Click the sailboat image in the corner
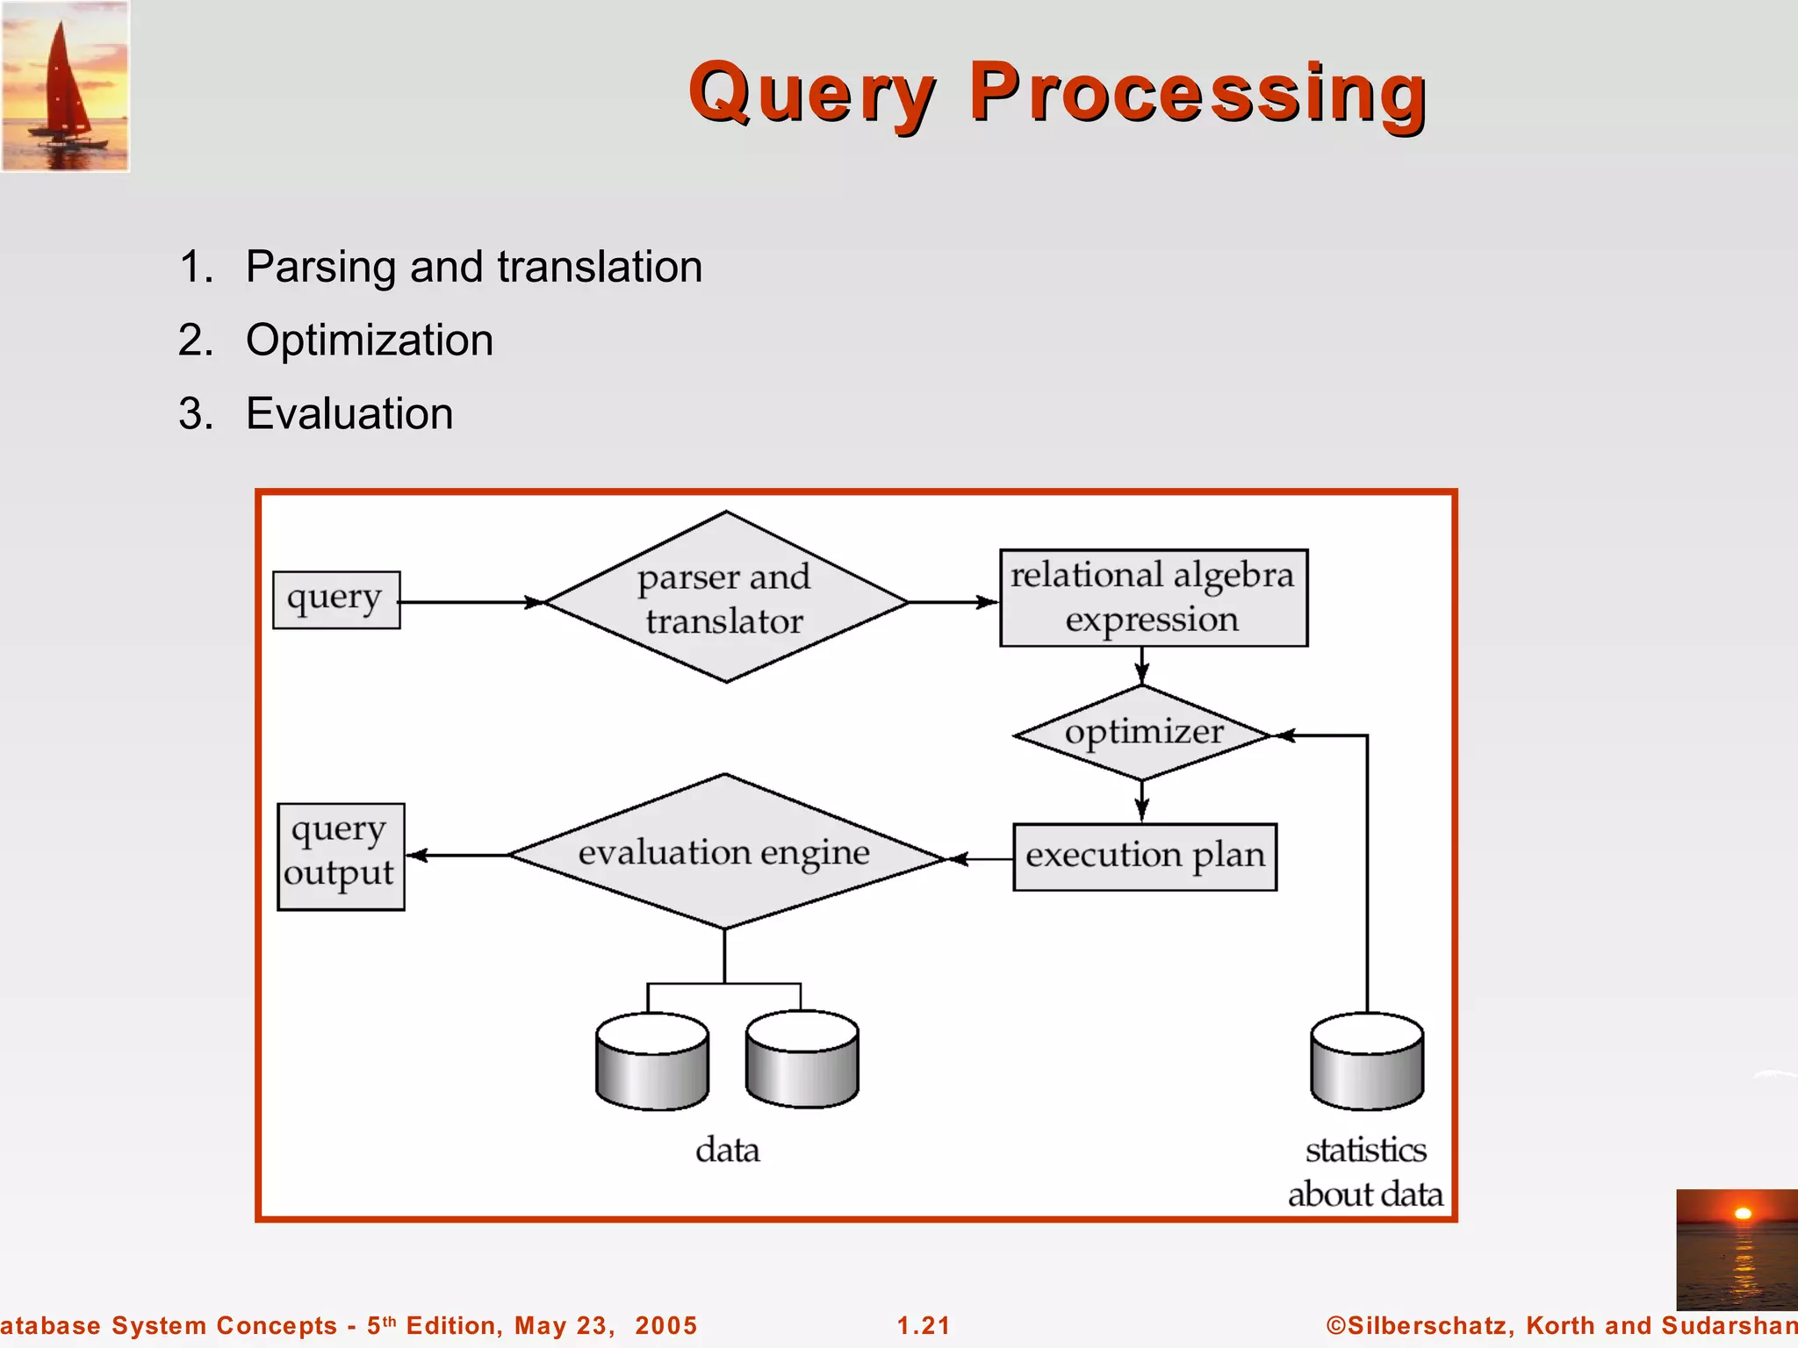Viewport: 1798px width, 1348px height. click(65, 86)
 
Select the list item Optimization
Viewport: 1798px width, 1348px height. click(369, 341)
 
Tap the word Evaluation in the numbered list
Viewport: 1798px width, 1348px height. click(349, 414)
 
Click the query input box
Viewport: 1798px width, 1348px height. click(336, 600)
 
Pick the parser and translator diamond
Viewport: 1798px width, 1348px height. click(725, 599)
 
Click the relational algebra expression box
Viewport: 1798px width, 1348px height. click(1153, 599)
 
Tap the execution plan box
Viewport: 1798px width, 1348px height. click(1144, 857)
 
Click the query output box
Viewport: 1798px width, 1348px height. click(341, 857)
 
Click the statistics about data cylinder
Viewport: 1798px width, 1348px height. click(1366, 1062)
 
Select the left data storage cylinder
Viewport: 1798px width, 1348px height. click(651, 1062)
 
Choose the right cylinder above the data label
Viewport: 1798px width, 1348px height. click(802, 1060)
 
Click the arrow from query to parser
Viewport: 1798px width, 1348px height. click(471, 602)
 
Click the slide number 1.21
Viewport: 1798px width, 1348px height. click(923, 1325)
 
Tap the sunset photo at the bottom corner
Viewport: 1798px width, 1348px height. click(1736, 1249)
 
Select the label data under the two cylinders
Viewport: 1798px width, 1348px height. click(727, 1150)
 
